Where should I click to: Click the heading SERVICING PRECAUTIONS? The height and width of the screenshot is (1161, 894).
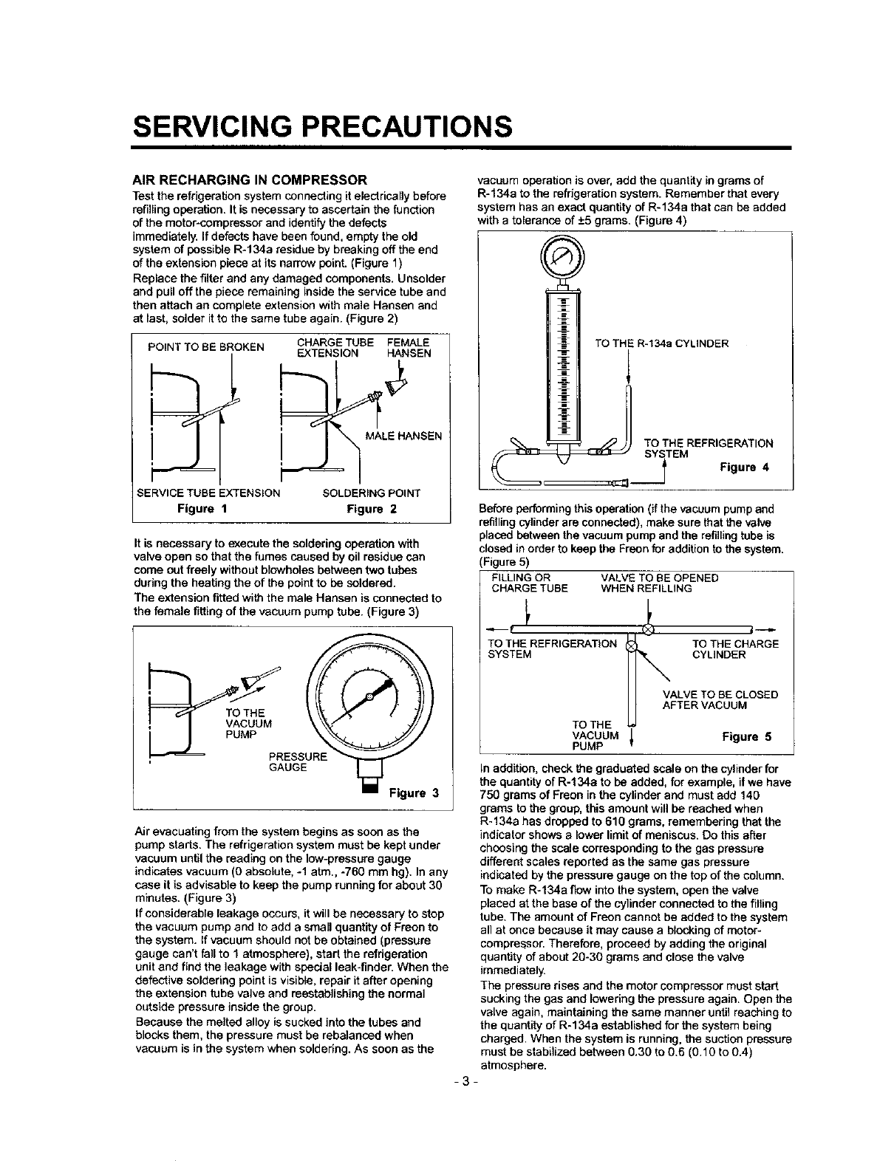point(321,126)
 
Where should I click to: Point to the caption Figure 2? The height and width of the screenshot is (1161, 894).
point(372,508)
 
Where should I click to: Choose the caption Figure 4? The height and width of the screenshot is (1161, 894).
point(745,467)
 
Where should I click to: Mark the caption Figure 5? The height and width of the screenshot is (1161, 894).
point(746,736)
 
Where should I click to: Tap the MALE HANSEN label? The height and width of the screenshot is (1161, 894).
point(403,436)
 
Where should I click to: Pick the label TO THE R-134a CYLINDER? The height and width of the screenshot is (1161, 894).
point(661,343)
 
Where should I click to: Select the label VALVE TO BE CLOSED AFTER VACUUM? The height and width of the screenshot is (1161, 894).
point(720,699)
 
